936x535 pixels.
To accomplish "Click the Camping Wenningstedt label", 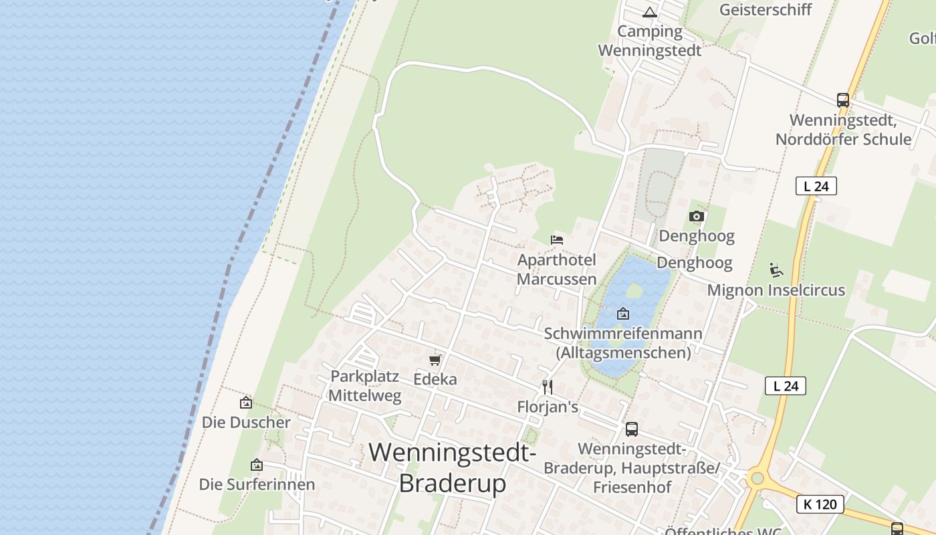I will click(649, 41).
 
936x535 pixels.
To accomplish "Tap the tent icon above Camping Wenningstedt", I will click(649, 12).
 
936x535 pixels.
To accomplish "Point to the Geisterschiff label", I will click(765, 9).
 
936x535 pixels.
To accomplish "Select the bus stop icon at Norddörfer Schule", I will click(842, 100).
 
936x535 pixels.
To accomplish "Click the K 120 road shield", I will click(820, 504).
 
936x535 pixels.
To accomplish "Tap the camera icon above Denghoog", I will click(696, 216).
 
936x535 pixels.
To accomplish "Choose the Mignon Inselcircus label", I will click(776, 290).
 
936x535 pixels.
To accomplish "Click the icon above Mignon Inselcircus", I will click(776, 270).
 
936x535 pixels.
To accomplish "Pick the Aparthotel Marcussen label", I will click(556, 269).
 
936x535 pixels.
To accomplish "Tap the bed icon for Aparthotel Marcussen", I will click(556, 239).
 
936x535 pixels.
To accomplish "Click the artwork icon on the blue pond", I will click(622, 313).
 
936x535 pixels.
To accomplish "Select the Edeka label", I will click(435, 379).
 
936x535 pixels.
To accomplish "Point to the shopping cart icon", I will click(435, 360).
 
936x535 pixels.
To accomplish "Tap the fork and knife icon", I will click(547, 387).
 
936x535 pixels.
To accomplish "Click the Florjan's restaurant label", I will click(547, 407).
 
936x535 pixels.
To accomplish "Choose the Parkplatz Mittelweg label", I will click(364, 386).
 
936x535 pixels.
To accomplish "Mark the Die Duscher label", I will click(246, 423).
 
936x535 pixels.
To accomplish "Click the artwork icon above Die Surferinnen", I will click(256, 465).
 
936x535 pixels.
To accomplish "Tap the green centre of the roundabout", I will click(756, 478).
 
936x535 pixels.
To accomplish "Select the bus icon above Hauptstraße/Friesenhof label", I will click(631, 429).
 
